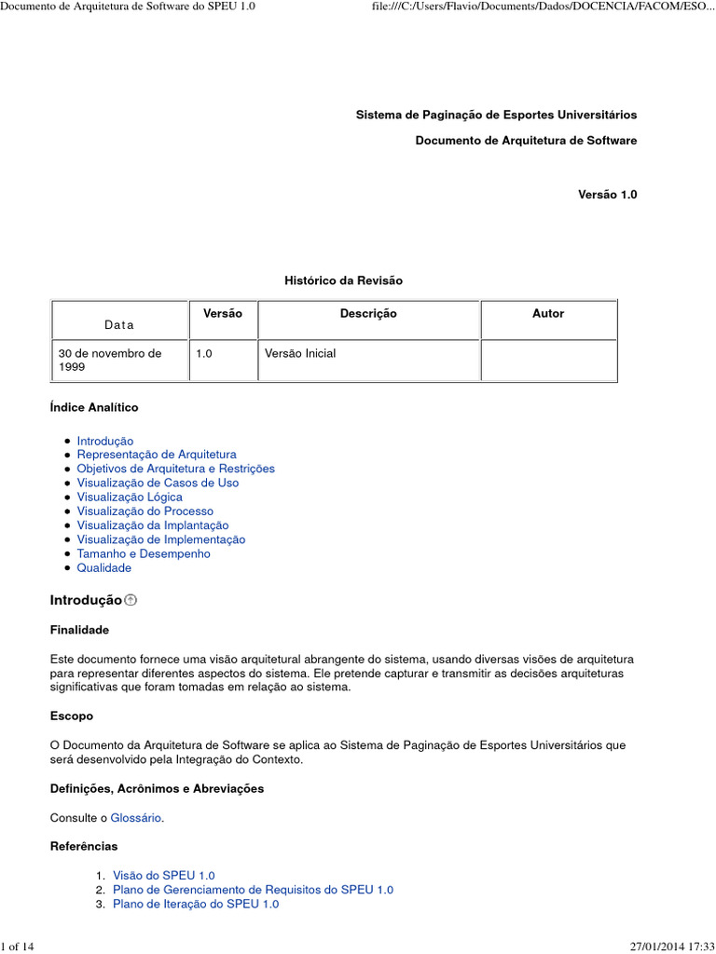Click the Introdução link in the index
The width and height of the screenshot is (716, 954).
tap(104, 441)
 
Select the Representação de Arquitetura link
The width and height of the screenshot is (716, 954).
tap(156, 455)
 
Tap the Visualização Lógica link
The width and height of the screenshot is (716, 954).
tap(130, 497)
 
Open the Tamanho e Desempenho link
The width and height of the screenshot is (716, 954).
tap(144, 553)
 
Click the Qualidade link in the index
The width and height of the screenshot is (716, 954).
tap(103, 567)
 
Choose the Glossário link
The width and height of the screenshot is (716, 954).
tap(136, 817)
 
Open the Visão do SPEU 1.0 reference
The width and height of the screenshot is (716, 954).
tap(163, 876)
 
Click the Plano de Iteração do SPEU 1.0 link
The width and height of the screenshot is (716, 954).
tap(196, 904)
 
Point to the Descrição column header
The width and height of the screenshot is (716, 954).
tap(368, 314)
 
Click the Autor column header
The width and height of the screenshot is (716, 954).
tap(548, 314)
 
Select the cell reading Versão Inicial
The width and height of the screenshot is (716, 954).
tap(300, 354)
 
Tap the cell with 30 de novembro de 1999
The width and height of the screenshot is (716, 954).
tap(110, 361)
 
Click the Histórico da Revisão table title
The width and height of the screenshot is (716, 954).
tap(343, 280)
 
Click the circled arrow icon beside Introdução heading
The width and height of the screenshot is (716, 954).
tap(131, 601)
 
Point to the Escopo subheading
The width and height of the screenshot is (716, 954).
tap(72, 716)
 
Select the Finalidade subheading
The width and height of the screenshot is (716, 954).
tap(79, 631)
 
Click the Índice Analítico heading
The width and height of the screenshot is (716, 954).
tap(94, 408)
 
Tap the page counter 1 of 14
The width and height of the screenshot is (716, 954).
tap(19, 947)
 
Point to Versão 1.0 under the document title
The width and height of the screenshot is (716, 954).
tap(607, 195)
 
